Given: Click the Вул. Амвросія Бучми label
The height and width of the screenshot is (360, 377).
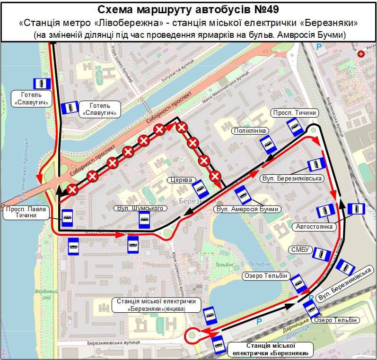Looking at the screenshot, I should [x=247, y=209].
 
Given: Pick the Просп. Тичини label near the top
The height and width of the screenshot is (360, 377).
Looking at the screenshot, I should [x=294, y=112].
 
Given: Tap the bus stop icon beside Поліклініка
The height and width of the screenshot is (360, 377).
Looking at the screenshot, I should [x=269, y=145].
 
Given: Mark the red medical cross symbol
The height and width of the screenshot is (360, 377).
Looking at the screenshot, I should [x=362, y=54].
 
